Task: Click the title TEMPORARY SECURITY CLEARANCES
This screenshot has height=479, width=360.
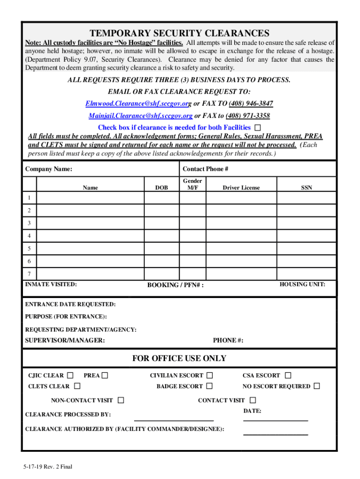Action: [x=180, y=33]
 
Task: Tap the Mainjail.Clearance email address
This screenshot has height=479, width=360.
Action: [x=141, y=116]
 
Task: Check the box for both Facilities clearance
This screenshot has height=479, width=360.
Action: [x=258, y=128]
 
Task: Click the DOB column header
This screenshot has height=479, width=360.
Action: [x=162, y=188]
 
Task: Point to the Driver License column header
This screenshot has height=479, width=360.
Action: [x=241, y=188]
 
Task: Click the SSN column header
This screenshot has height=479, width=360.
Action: [x=307, y=188]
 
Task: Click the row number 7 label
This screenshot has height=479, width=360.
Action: [x=29, y=273]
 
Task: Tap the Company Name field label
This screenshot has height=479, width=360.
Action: [x=49, y=169]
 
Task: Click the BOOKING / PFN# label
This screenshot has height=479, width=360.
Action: [x=175, y=285]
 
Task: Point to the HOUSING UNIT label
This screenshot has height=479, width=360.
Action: [x=302, y=284]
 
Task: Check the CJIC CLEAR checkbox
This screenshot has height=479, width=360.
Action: [x=70, y=375]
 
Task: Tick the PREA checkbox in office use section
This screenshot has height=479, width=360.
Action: [x=105, y=375]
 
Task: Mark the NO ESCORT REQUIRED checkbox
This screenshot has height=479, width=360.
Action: [x=317, y=386]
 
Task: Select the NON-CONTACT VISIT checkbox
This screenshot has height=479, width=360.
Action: [x=121, y=400]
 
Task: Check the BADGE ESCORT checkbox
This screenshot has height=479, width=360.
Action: [x=209, y=386]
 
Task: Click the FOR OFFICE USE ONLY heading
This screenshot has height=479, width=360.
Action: [x=179, y=358]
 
